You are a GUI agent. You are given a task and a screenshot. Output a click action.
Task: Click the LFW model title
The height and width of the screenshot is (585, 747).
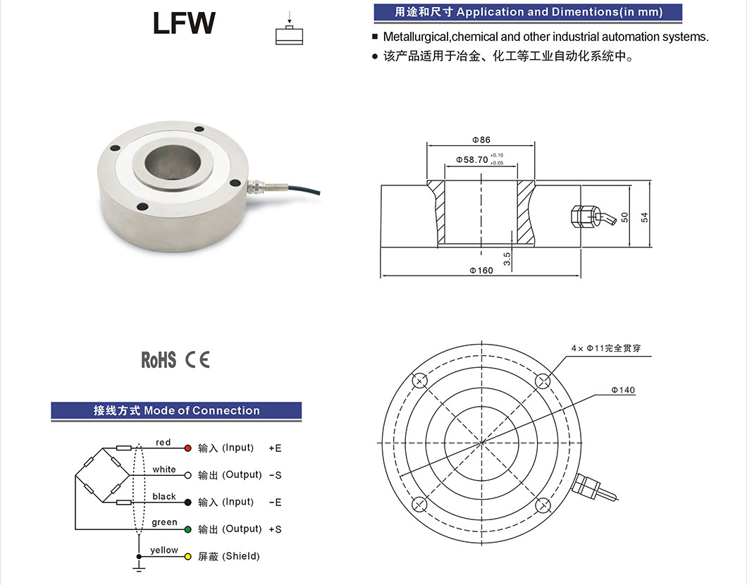(x=184, y=23)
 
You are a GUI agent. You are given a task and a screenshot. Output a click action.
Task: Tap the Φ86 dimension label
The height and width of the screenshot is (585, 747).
(x=481, y=140)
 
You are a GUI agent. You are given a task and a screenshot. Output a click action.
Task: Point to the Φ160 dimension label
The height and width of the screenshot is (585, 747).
(x=481, y=271)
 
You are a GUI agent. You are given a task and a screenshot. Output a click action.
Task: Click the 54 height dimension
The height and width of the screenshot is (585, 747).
(x=645, y=217)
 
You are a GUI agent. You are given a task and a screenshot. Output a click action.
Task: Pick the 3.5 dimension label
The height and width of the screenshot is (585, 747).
(x=507, y=259)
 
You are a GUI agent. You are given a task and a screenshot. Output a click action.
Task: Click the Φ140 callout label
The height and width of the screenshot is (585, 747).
(x=623, y=390)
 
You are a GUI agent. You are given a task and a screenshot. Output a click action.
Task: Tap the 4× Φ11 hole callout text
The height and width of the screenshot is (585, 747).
(x=606, y=348)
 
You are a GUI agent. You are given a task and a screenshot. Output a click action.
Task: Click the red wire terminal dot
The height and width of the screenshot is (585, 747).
(x=187, y=448)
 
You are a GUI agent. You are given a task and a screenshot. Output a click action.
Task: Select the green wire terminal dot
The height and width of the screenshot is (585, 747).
(x=187, y=529)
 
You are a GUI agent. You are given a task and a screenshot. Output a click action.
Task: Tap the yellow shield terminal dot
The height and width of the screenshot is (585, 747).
(x=187, y=556)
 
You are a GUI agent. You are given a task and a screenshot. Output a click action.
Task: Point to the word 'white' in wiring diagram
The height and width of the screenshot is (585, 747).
(x=164, y=469)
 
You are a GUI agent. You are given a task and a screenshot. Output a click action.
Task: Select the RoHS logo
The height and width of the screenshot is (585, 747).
(x=158, y=359)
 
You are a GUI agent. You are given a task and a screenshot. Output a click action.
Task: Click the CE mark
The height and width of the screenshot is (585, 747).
(x=197, y=359)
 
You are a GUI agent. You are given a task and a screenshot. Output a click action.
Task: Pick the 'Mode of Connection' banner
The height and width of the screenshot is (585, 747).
(x=176, y=411)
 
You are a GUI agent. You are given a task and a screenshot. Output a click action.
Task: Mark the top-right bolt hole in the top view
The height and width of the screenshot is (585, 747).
(x=543, y=381)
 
